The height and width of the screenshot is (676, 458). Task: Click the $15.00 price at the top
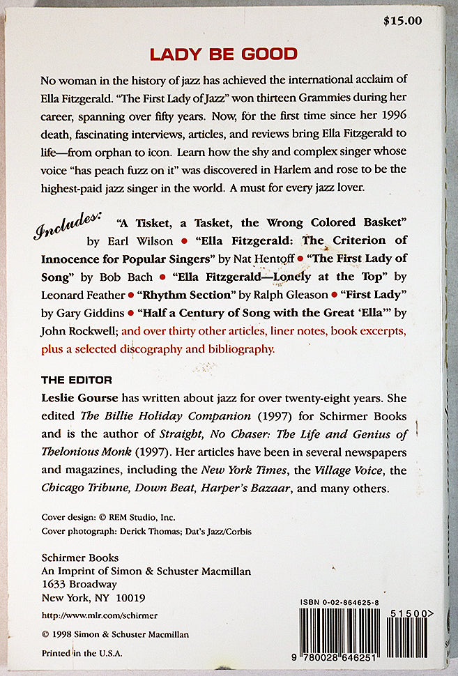[402, 20]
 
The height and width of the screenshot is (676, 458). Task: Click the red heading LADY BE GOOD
[224, 54]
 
